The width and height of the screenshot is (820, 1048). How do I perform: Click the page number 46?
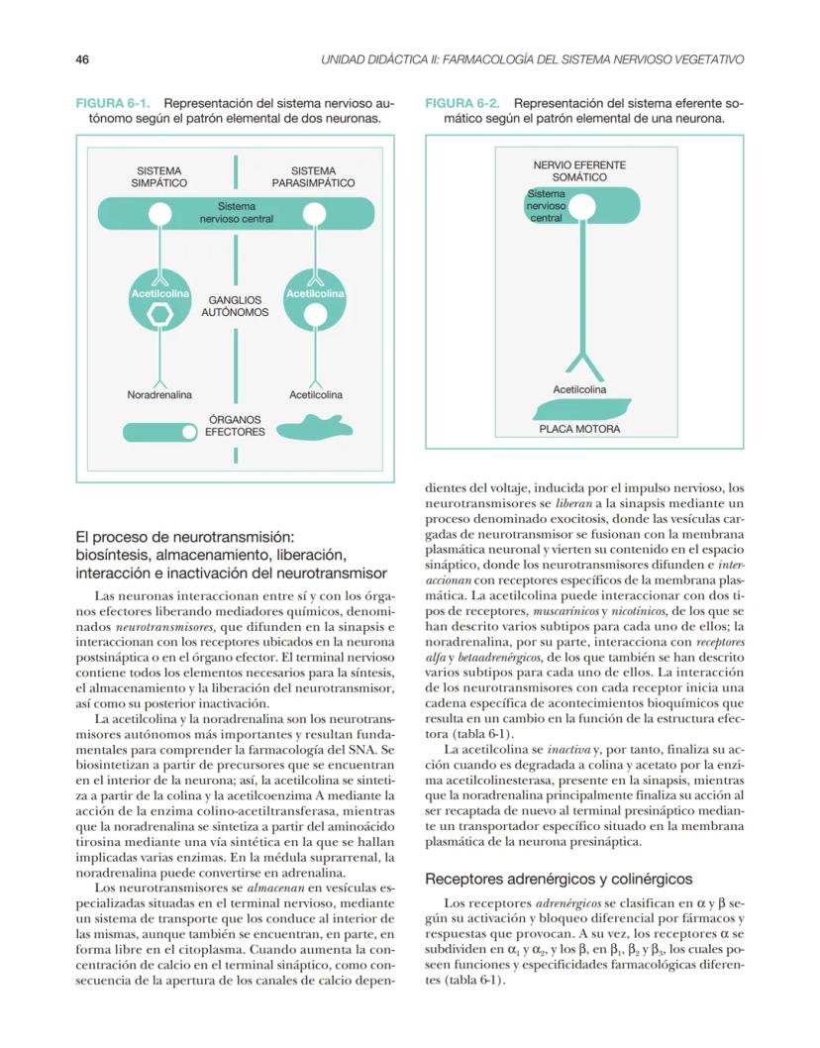[83, 60]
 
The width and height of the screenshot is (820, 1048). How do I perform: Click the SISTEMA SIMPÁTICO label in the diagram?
[159, 176]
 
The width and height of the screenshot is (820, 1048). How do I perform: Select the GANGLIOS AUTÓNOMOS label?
[235, 305]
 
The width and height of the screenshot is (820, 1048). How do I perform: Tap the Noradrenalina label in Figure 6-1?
[159, 395]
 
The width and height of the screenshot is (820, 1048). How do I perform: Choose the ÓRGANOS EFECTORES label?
[235, 426]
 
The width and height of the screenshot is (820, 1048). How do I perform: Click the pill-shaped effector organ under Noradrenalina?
[159, 432]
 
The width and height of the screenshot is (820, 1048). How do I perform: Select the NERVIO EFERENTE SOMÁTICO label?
[579, 170]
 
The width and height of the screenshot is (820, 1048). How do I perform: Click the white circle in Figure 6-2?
[579, 207]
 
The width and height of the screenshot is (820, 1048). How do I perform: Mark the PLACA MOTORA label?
[579, 429]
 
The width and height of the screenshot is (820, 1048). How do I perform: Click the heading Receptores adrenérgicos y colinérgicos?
[559, 879]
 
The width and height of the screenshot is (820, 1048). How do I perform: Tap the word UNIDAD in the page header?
[347, 60]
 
